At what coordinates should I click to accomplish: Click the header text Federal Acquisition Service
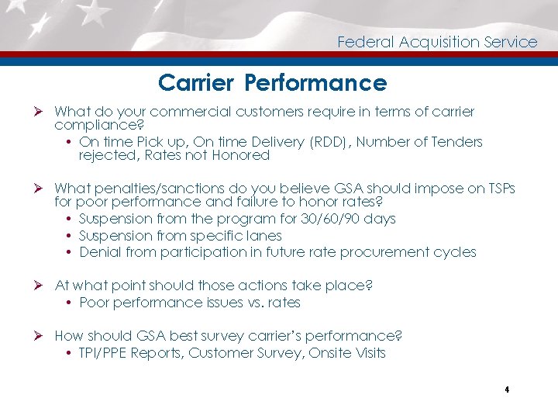[x=437, y=42]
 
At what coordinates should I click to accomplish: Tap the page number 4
[x=505, y=390]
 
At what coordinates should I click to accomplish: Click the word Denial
[x=100, y=252]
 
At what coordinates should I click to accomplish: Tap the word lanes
[x=263, y=235]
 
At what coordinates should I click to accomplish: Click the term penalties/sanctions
[x=153, y=189]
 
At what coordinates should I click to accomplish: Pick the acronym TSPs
[x=500, y=189]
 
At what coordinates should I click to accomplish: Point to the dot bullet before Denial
[x=70, y=253]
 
